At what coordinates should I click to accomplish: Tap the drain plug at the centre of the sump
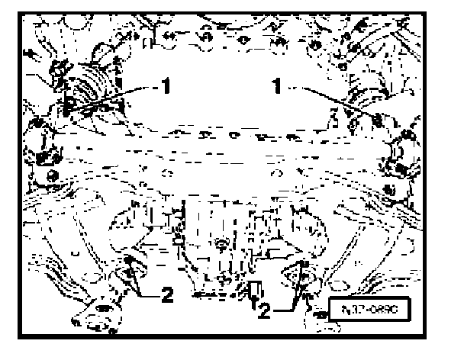pyautogui.click(x=219, y=244)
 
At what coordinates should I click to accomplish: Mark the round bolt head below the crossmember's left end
pyautogui.click(x=52, y=176)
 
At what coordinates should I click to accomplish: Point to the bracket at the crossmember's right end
pyautogui.click(x=400, y=153)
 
